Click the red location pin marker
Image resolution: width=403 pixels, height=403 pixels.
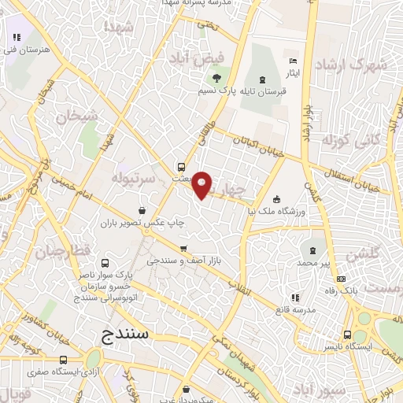coord(203,185)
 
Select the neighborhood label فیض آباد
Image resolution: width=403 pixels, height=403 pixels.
coord(196,57)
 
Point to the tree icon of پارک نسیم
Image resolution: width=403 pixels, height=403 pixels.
coord(216,77)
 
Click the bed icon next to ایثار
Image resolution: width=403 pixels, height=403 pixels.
coord(293,61)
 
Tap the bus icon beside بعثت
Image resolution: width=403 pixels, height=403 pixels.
coord(182,167)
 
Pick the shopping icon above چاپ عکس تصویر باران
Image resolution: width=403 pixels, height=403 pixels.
coord(141,210)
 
